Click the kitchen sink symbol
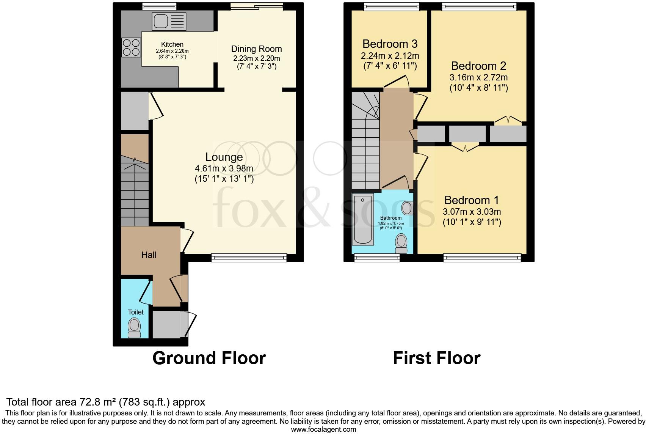169,21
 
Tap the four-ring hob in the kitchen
131,47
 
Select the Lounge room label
224,157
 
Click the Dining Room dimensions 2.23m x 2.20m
256,58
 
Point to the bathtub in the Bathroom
363,219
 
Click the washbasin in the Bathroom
407,208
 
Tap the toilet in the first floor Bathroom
401,243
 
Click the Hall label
149,255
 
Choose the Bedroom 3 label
390,44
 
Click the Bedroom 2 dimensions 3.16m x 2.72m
478,77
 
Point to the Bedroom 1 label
472,200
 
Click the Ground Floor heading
209,358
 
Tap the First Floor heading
436,358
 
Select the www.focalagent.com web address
323,429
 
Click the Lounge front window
249,258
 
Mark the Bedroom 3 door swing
396,82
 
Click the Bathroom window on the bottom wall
377,258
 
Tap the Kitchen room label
172,44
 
